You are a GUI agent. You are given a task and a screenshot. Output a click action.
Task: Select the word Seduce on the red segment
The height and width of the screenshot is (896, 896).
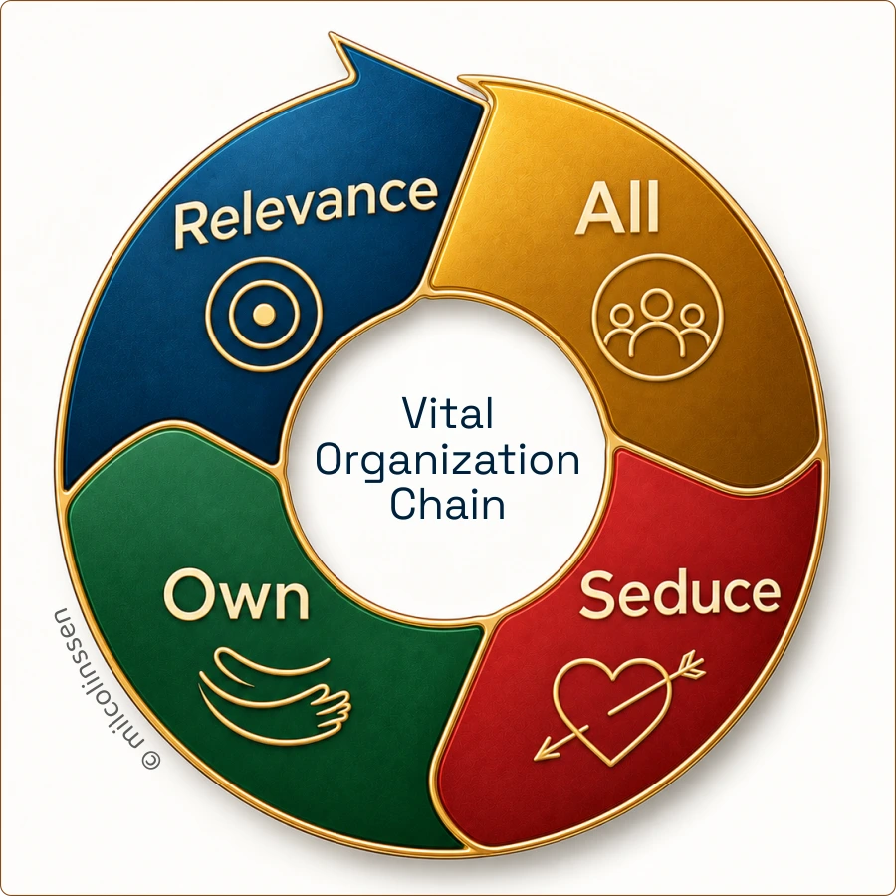pos(680,594)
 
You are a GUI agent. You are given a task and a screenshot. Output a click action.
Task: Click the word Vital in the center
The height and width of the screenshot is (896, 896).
pos(447,412)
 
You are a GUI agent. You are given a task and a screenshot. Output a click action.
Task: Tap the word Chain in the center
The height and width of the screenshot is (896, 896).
pos(447,504)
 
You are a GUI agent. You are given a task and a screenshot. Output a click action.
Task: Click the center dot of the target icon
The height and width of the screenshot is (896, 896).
pos(264,314)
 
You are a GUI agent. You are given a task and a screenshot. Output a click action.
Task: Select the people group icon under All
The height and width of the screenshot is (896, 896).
pos(658,318)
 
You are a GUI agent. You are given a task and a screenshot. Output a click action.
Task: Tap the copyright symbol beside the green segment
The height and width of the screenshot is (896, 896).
pos(151,760)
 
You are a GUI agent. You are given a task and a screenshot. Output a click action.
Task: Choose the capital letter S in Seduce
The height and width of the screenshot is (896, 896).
pos(596,595)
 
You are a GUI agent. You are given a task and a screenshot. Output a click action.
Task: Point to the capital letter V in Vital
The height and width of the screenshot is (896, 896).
pos(416,412)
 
